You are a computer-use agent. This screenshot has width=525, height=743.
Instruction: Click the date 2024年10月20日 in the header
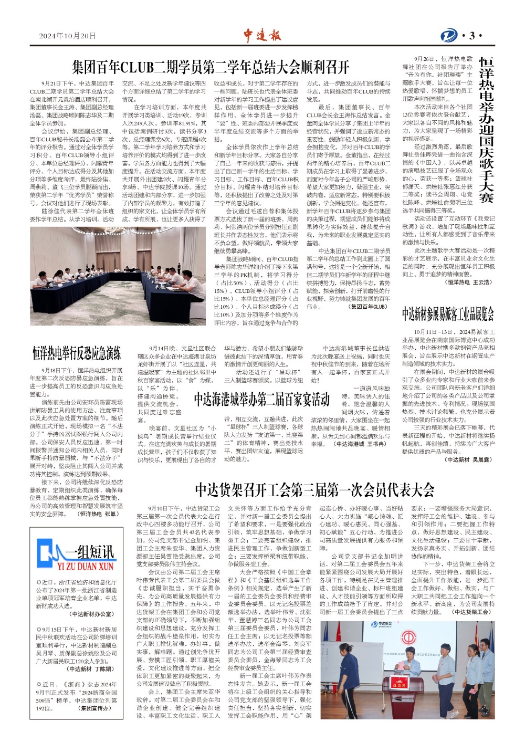click(x=68, y=36)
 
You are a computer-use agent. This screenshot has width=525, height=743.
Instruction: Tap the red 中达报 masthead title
click(x=262, y=35)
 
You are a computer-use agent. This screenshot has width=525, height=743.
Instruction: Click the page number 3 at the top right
click(x=472, y=36)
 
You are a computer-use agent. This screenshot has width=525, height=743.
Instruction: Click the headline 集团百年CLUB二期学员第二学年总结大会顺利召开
click(x=211, y=67)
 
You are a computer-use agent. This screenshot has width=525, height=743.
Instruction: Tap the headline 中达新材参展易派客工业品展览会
click(x=448, y=313)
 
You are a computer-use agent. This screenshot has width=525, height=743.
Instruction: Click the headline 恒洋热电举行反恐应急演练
click(x=77, y=353)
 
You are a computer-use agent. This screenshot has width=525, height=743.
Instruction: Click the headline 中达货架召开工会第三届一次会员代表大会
click(x=314, y=490)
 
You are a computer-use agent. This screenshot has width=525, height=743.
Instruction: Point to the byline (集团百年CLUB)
click(x=369, y=307)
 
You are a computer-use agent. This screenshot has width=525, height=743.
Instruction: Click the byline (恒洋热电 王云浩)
click(x=468, y=282)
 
